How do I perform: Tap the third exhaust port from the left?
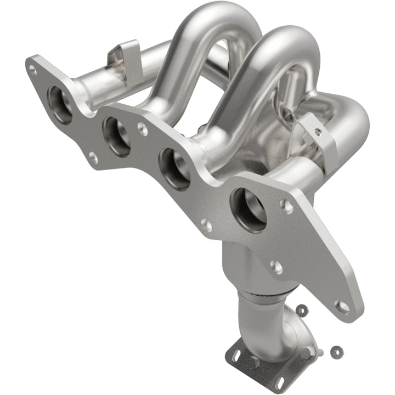pos(174,168)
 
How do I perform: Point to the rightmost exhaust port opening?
pos(247,210)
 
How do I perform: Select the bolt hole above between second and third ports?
pos(142,129)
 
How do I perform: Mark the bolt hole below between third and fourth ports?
pos(206,225)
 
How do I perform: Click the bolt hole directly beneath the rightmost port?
pos(276,267)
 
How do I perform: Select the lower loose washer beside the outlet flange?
pos(335,350)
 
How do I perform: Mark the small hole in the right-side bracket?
pos(317,133)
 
